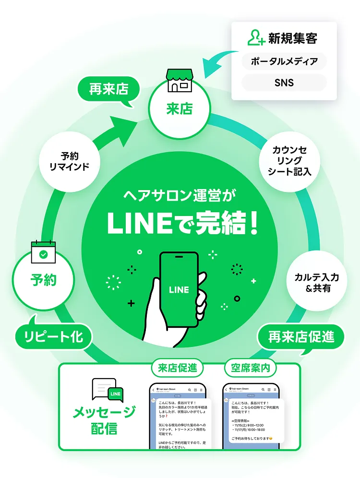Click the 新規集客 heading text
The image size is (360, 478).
[293, 38]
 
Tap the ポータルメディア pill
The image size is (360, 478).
[284, 61]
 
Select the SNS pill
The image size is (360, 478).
[284, 83]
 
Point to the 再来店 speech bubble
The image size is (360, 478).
[108, 90]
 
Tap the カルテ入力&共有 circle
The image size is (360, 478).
[316, 283]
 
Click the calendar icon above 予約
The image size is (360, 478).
[44, 252]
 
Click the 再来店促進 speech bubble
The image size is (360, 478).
[301, 337]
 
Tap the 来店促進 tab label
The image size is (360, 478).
[177, 369]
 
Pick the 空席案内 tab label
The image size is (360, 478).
[250, 369]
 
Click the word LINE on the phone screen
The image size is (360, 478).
[179, 290]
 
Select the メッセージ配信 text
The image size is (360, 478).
[104, 420]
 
